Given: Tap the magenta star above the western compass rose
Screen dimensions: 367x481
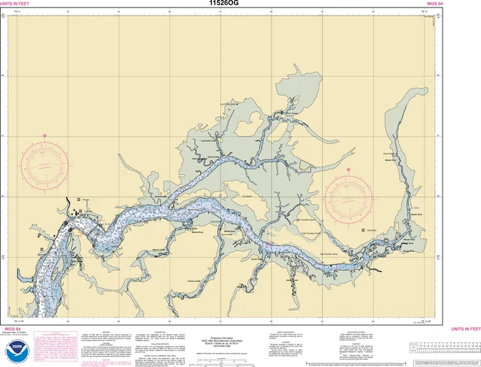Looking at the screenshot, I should pos(45,135).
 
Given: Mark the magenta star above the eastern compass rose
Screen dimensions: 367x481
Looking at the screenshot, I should pos(348,169).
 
